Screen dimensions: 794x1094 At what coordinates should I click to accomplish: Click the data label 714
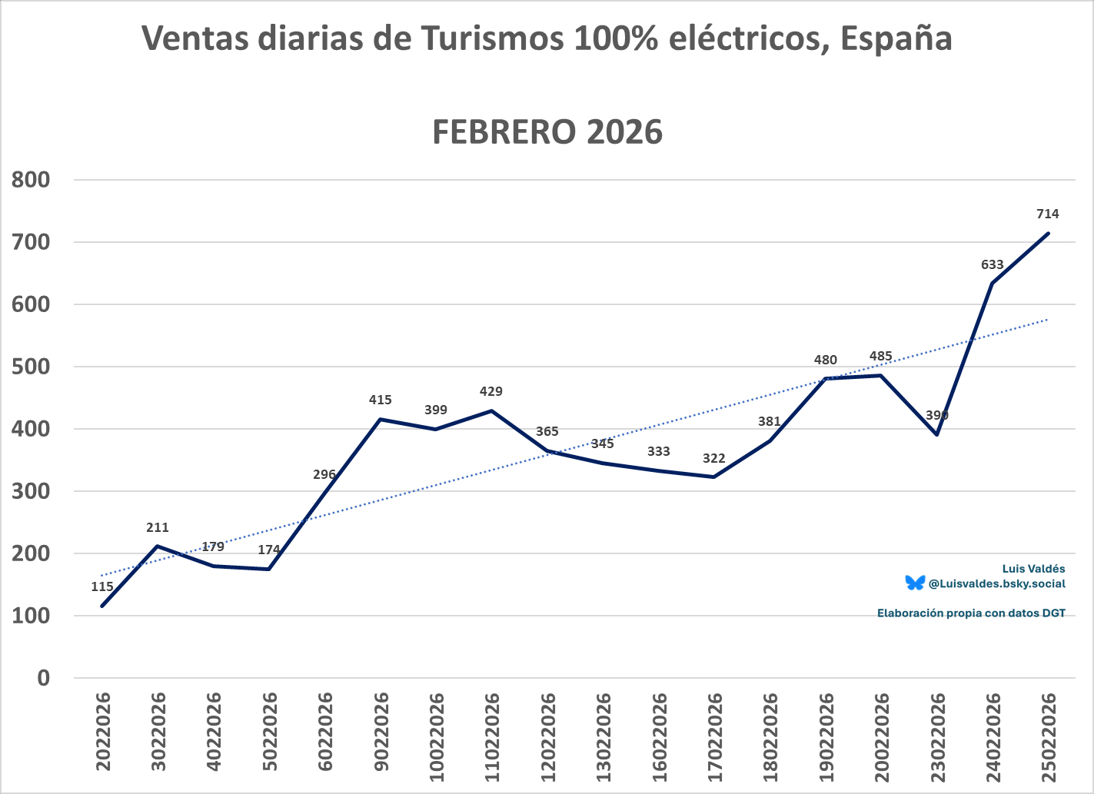(x=1047, y=214)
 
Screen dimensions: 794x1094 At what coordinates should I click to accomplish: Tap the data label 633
(x=992, y=264)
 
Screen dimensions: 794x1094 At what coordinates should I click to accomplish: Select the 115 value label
(x=102, y=586)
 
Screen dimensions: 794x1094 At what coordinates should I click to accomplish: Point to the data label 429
(x=491, y=391)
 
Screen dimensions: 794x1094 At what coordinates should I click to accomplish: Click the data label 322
(x=713, y=458)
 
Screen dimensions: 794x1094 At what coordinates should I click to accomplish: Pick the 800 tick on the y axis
(x=32, y=180)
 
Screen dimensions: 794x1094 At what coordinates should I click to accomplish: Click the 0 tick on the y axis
(x=43, y=678)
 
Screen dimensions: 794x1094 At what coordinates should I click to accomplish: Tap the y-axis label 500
(x=32, y=367)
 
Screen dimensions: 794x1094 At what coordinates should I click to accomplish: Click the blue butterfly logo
(x=914, y=583)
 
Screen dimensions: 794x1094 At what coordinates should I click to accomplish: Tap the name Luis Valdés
(x=1033, y=569)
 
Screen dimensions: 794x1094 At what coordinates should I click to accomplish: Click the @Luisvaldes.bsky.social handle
(x=996, y=583)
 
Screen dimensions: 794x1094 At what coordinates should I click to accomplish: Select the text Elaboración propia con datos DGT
(x=971, y=613)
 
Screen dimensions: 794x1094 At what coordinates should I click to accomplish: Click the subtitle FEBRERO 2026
(x=547, y=132)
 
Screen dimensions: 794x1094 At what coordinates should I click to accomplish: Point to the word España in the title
(x=896, y=38)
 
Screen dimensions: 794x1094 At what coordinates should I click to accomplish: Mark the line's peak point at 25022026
(x=1048, y=234)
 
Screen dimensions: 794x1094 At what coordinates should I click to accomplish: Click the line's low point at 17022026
(x=713, y=477)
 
